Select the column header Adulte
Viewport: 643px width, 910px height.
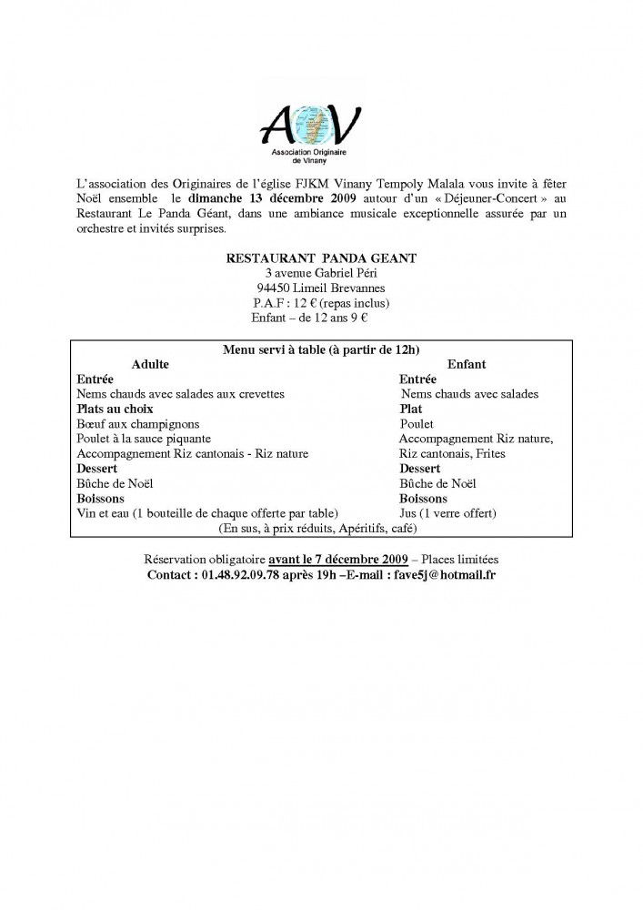(150, 364)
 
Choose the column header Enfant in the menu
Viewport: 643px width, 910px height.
(467, 364)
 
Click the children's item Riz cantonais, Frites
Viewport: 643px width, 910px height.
(452, 453)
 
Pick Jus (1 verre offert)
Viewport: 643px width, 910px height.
(448, 513)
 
